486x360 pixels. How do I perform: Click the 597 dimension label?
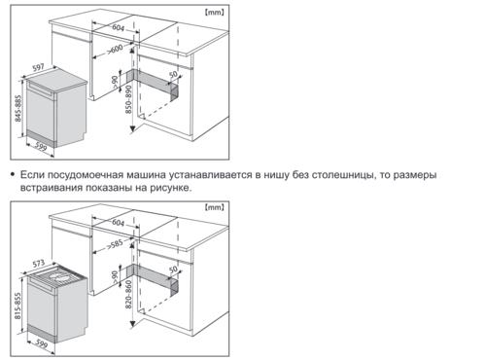point(38,68)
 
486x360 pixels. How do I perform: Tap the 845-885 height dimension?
point(18,109)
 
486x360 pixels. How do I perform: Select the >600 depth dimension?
point(115,50)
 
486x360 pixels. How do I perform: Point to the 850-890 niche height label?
point(128,99)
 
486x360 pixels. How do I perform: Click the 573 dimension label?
point(38,264)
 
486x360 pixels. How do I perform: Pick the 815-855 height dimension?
point(17,306)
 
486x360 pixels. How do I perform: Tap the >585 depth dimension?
point(115,244)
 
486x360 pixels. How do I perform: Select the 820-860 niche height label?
point(128,295)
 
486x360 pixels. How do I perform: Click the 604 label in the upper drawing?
point(119,27)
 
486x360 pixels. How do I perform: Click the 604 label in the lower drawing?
point(119,223)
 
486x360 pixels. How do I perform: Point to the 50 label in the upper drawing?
point(173,75)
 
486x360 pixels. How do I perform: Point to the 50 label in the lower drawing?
point(173,270)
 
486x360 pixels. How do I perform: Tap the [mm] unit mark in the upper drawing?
point(214,13)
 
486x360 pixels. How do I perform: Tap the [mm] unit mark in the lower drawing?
point(214,207)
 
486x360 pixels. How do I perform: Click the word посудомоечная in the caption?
point(86,175)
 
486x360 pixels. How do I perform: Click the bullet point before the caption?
point(13,174)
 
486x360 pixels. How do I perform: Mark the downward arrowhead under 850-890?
point(132,129)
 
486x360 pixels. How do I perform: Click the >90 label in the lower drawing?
point(115,277)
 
